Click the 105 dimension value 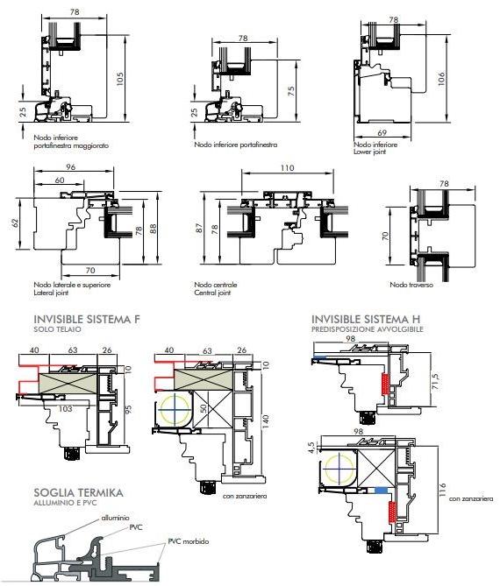pyautogui.click(x=120, y=79)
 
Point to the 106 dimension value pyautogui.click(x=441, y=79)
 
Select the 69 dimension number pyautogui.click(x=382, y=132)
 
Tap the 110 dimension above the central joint pyautogui.click(x=287, y=168)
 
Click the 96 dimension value pyautogui.click(x=71, y=167)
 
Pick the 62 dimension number pyautogui.click(x=15, y=223)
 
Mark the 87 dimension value pyautogui.click(x=199, y=228)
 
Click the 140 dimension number pyautogui.click(x=266, y=421)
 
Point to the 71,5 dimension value pyautogui.click(x=435, y=381)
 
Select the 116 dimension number pyautogui.click(x=442, y=490)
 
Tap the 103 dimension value pyautogui.click(x=66, y=409)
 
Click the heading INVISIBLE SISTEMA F pyautogui.click(x=87, y=320)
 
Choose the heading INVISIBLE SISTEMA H pyautogui.click(x=366, y=319)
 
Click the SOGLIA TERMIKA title pyautogui.click(x=78, y=492)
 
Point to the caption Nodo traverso pyautogui.click(x=411, y=285)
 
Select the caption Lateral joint pyautogui.click(x=51, y=293)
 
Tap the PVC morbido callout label pyautogui.click(x=189, y=541)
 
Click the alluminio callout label pyautogui.click(x=115, y=518)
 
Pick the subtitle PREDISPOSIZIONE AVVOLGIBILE pyautogui.click(x=368, y=329)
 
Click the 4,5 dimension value pyautogui.click(x=311, y=447)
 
